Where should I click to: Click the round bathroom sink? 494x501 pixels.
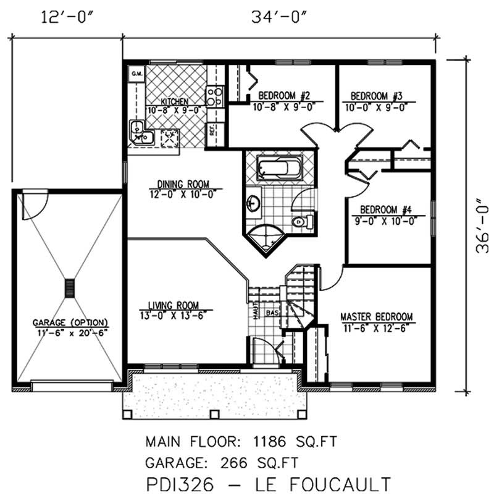tap(253, 202)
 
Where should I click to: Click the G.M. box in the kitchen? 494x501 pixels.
tap(135, 75)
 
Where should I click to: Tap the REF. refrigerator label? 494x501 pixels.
tap(212, 130)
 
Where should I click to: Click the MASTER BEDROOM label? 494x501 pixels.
tap(376, 317)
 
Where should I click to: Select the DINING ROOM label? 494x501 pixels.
tap(182, 184)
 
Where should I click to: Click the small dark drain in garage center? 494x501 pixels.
tap(70, 288)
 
